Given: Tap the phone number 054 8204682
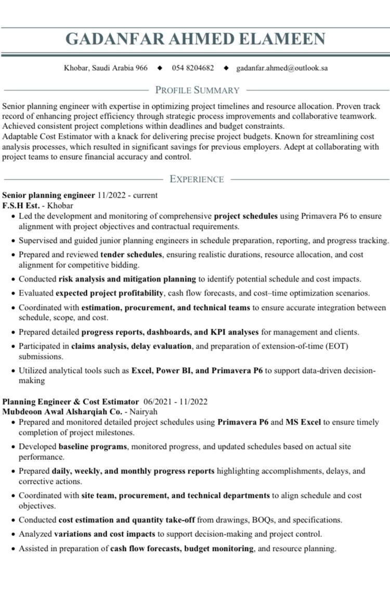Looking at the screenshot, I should (193, 68).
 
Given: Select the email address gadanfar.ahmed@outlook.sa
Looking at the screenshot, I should (282, 68).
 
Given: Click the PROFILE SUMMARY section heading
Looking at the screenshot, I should (197, 90).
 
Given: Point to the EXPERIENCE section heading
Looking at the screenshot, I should (197, 180).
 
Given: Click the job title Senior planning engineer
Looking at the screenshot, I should (49, 196).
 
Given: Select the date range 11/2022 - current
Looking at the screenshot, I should (127, 196).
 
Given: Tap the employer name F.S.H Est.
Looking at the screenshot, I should (21, 206).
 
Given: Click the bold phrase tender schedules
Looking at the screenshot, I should (131, 255).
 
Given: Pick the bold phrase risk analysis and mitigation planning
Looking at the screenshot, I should (127, 279).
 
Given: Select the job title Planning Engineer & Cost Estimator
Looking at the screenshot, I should (71, 402).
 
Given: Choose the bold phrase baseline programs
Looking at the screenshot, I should (93, 446).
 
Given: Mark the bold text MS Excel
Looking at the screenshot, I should (303, 422).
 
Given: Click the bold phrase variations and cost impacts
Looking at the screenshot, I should (105, 533).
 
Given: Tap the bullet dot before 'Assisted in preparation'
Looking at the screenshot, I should (12, 548).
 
